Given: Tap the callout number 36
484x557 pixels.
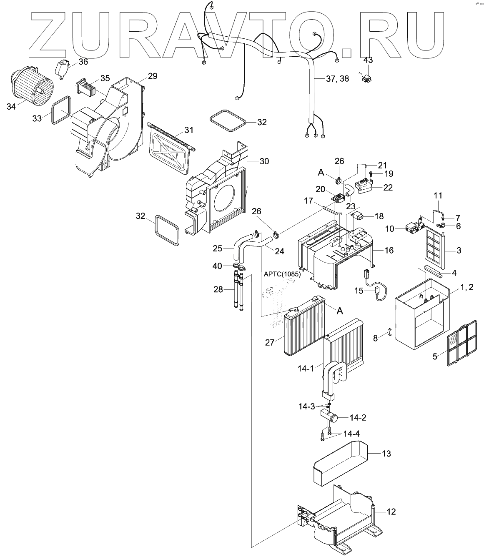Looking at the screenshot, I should pos(83,62).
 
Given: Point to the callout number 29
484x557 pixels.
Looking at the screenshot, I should pos(153,76).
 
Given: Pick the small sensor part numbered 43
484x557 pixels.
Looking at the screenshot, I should pos(367,77).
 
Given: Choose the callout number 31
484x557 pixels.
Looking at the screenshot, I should pos(189,130).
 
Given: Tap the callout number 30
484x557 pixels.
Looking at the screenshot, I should pos(264,161).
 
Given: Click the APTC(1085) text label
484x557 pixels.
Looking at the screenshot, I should pos(282,274).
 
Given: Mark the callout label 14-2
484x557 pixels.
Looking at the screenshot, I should pos(358,417).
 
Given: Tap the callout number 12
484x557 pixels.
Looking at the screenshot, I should pos(391,512).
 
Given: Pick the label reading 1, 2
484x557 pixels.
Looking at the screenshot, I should pos(466,288).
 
